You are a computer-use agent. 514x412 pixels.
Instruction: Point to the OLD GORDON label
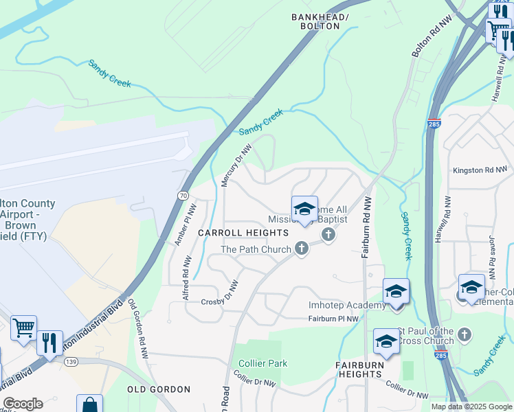tap(159, 389)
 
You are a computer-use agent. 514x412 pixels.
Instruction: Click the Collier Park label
tap(262, 363)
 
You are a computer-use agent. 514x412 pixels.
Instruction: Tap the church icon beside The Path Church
tap(300, 249)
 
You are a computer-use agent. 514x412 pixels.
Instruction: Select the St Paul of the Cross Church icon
tap(465, 334)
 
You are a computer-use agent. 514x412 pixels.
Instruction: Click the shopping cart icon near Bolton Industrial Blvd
tap(24, 329)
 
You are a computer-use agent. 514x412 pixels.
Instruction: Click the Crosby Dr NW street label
tap(219, 295)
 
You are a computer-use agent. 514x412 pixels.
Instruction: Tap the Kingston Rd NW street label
tap(480, 170)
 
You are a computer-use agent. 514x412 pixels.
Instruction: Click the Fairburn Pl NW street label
tap(333, 319)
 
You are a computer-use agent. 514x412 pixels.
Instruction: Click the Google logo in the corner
tap(23, 404)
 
